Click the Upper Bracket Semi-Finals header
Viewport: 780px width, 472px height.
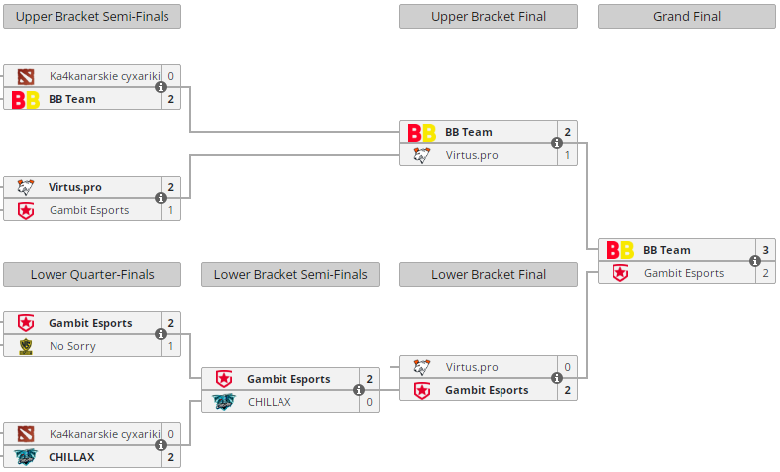click(92, 17)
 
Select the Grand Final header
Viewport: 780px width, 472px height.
click(687, 17)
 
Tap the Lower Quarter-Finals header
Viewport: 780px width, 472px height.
click(92, 275)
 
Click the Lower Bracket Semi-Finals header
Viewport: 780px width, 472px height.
click(290, 275)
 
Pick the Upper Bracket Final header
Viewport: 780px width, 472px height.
click(489, 17)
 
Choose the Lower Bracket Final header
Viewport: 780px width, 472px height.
click(489, 275)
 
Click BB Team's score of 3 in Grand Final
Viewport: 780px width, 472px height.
click(766, 250)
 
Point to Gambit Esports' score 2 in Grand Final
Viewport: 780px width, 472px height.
click(766, 273)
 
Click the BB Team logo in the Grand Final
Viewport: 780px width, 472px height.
click(620, 250)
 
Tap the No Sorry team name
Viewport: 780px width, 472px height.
click(73, 346)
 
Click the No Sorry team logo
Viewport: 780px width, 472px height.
click(26, 346)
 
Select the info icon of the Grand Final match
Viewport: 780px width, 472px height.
click(755, 262)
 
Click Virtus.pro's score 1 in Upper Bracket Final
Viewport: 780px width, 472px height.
click(568, 155)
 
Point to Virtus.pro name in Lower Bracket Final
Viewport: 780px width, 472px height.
click(472, 367)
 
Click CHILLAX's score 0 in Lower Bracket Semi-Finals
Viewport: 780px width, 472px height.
click(370, 402)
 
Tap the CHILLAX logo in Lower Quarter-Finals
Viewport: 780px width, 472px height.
click(26, 457)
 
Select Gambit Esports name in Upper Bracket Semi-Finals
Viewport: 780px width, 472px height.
click(89, 210)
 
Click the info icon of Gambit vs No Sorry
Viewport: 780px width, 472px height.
click(161, 335)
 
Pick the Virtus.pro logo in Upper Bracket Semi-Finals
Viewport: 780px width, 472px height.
click(26, 187)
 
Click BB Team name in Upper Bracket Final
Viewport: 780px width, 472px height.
click(468, 132)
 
